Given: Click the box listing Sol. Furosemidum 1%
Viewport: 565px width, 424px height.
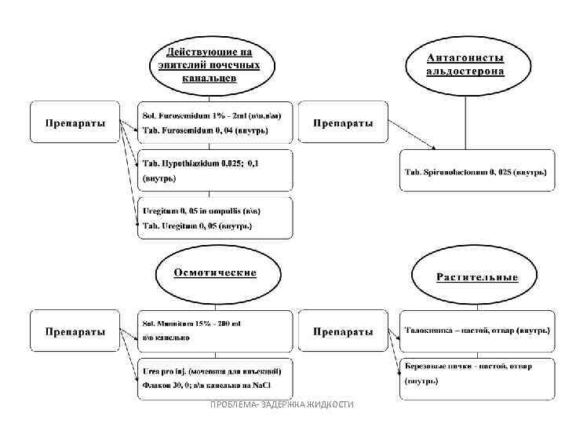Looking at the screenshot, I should coord(214,122).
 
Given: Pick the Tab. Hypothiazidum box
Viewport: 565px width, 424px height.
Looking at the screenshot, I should coord(214,170).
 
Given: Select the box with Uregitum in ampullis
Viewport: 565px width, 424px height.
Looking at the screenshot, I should coord(214,218).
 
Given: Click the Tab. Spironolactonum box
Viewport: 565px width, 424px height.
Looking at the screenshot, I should coord(476,171).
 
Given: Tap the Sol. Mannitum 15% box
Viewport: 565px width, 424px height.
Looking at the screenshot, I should coord(214,331).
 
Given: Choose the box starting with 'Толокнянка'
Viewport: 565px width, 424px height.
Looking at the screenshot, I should coord(477,331).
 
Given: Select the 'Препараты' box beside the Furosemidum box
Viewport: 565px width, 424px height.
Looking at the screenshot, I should coord(75,122).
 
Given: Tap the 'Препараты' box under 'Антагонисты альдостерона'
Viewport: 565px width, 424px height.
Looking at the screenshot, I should coord(343,122).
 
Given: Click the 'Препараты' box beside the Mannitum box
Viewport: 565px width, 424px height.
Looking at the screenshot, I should coord(75,331).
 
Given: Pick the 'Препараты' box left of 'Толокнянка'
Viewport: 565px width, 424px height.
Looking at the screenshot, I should coord(343,331).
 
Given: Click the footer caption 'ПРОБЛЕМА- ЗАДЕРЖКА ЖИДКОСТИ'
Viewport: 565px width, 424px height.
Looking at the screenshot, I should coord(282,404).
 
